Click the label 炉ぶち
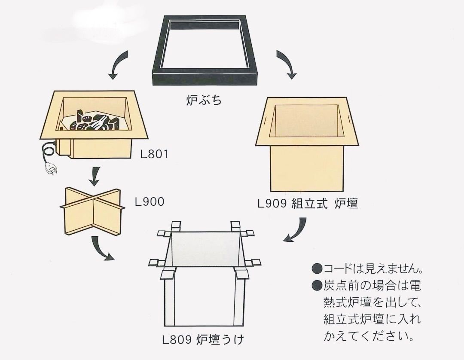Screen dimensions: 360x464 pos(204,101)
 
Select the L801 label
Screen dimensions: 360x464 pos(154,153)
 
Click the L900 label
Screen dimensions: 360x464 pos(149,201)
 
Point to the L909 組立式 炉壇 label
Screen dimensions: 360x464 pos(308,204)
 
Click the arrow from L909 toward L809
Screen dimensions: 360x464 pos(296,230)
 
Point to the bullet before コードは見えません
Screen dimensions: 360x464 pos(317,269)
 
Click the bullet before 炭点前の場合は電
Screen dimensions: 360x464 pos(317,284)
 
